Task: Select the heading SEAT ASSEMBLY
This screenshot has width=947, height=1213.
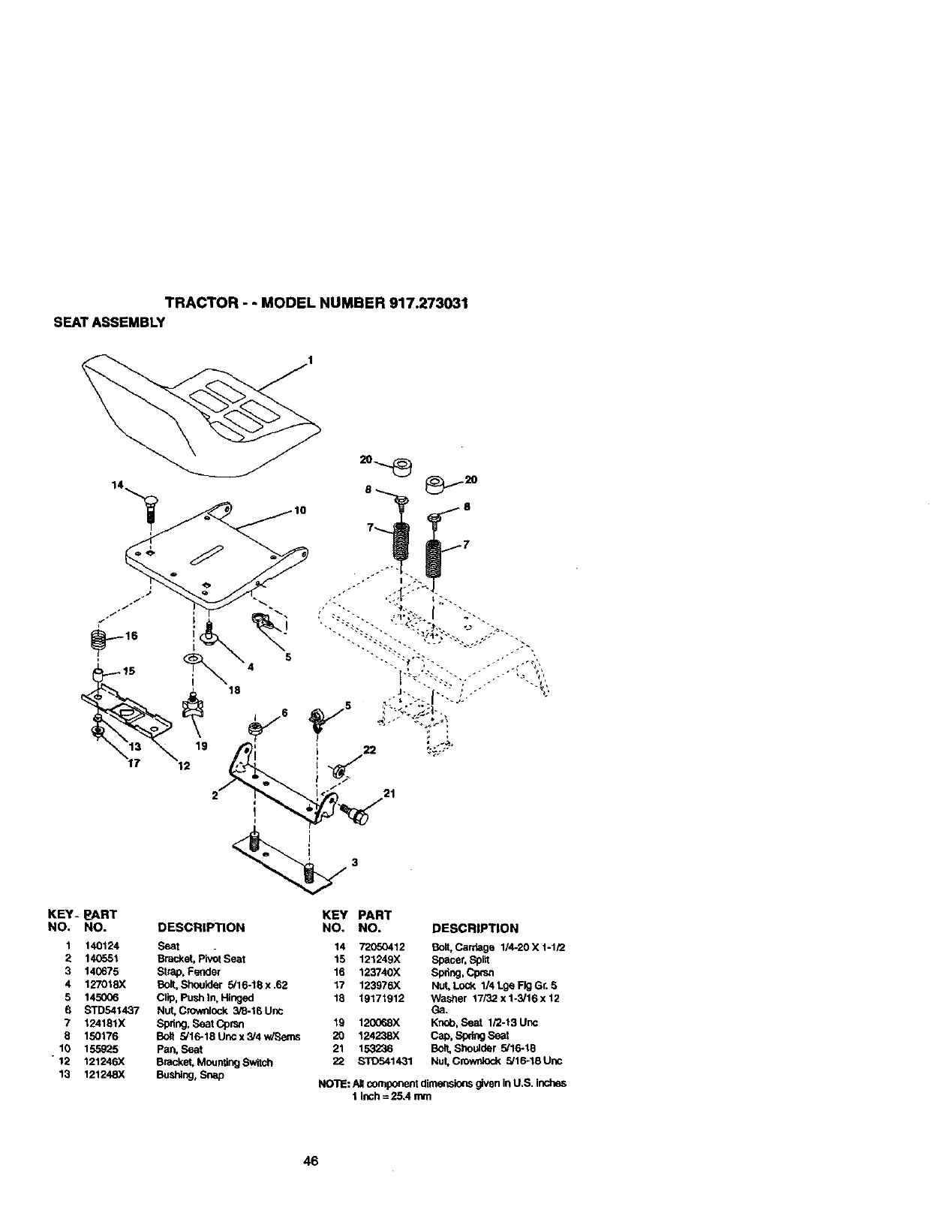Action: click(107, 323)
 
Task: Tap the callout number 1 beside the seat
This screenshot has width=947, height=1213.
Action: click(310, 360)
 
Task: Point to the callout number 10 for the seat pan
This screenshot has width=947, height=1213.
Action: click(300, 510)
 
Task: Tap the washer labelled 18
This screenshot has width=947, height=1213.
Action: click(193, 659)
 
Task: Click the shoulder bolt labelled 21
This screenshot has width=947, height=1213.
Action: click(354, 815)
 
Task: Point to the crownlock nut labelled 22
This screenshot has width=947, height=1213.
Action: click(338, 769)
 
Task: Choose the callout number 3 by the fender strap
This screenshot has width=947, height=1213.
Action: click(354, 863)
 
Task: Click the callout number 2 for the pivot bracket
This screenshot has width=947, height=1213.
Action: click(215, 796)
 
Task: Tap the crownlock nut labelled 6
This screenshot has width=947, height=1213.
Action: click(254, 728)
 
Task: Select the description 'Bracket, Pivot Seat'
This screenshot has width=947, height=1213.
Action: click(200, 959)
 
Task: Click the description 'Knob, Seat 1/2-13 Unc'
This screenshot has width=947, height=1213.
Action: click(483, 1022)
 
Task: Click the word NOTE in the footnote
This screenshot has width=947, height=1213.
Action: click(332, 1083)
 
